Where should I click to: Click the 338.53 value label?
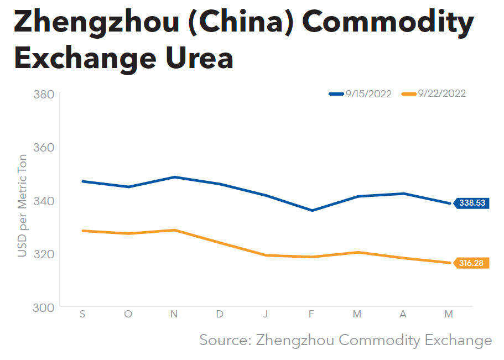(472, 203)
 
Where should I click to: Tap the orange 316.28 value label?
(472, 263)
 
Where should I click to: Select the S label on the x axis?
(82, 314)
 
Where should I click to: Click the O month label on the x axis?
(128, 314)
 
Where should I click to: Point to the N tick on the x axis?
(174, 314)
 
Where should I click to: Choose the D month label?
(220, 314)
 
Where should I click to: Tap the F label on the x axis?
(311, 314)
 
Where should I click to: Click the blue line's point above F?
(311, 211)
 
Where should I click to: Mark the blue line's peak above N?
(174, 177)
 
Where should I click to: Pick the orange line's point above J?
(266, 255)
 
